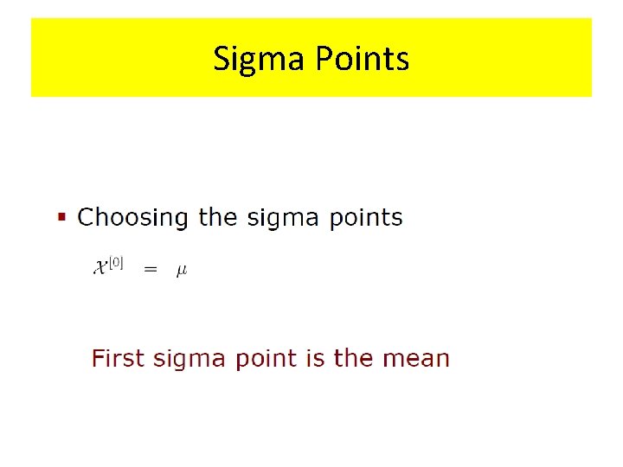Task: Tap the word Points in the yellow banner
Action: click(362, 59)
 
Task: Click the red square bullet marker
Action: click(61, 217)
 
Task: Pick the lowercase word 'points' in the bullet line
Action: click(366, 217)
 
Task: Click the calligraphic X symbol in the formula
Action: click(100, 268)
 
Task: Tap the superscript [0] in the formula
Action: click(116, 263)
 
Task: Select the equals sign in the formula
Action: click(151, 270)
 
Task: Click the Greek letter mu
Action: click(182, 271)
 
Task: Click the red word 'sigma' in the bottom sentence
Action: click(187, 359)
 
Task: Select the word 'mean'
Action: click(416, 359)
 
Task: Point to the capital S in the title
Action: click(222, 59)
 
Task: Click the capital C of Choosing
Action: click(86, 216)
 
